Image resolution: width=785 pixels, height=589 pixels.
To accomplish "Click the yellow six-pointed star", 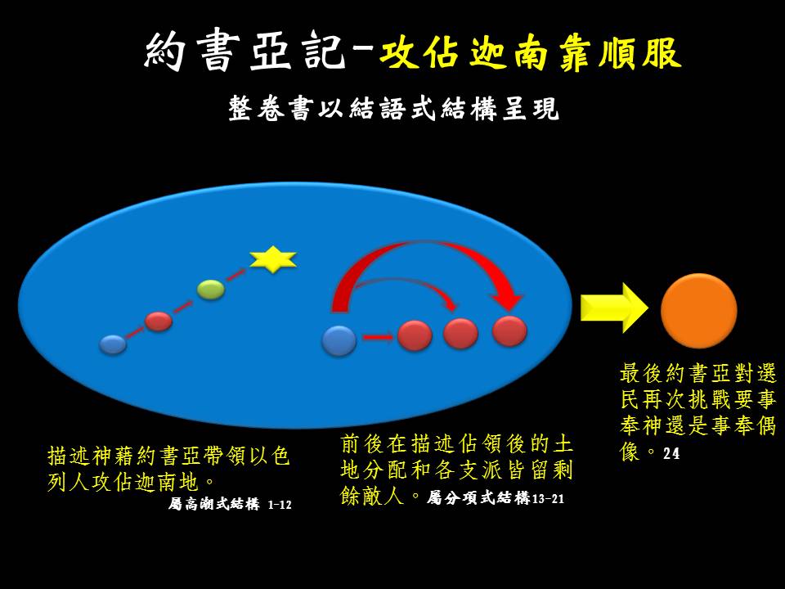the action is (273, 259).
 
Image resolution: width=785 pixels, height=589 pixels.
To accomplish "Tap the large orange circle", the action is (699, 311).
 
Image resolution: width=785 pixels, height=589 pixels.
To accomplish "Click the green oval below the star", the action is (211, 290).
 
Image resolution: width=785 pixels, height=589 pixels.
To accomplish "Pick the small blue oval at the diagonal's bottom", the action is (113, 344).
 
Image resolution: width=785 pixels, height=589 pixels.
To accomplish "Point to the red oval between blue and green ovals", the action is (158, 321).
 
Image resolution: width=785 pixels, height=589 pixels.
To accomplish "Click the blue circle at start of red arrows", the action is (339, 340).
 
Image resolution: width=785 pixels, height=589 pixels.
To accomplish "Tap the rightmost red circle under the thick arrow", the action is (509, 331).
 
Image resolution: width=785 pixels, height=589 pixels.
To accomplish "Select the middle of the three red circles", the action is (460, 334).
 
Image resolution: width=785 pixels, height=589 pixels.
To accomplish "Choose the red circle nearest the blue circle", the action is (415, 335).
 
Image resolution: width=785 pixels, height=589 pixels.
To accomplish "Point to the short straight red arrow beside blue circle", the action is (378, 338).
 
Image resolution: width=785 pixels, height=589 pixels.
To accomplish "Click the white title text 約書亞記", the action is (245, 52).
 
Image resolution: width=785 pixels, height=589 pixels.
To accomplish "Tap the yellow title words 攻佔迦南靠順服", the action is (531, 52).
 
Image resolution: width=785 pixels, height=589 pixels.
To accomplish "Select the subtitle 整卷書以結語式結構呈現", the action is (393, 108).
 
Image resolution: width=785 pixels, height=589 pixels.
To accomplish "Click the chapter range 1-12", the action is (280, 505).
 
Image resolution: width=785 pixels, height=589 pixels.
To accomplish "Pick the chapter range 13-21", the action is (548, 499).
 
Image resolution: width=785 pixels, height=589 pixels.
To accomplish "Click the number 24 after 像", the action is (671, 453).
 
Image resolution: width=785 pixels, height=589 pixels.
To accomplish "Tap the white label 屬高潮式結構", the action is (213, 504).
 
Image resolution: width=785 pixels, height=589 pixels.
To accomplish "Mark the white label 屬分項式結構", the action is (478, 498).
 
